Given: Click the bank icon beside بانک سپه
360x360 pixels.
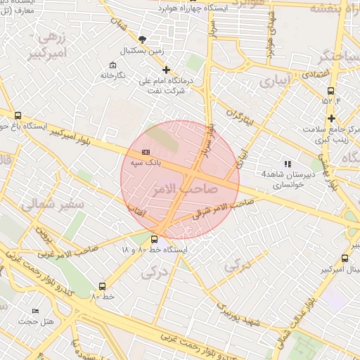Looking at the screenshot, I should (x=146, y=151).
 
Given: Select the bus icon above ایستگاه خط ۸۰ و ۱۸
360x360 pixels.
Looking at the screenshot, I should (x=155, y=239).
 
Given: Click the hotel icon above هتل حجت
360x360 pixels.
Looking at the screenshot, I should (x=36, y=311).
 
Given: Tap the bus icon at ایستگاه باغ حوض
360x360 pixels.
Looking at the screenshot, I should (x=18, y=116).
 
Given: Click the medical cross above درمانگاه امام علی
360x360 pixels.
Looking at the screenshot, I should (x=167, y=70).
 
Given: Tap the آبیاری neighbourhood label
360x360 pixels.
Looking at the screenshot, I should (x=274, y=82).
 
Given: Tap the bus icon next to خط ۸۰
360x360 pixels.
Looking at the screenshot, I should (x=102, y=286).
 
